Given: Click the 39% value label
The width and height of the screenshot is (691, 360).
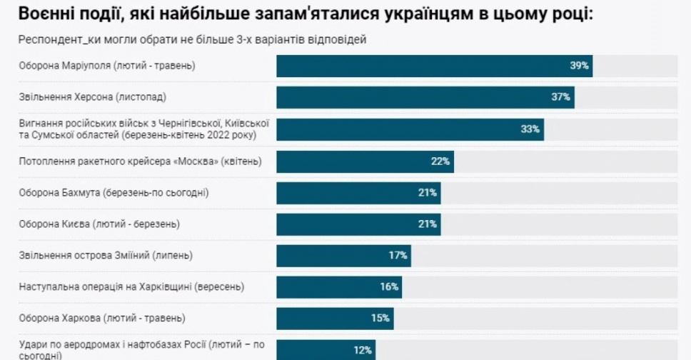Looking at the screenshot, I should tap(579, 66).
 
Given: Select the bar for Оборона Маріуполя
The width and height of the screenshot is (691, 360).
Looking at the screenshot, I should tap(434, 66).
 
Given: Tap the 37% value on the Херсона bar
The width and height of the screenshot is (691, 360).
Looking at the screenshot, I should tap(560, 97).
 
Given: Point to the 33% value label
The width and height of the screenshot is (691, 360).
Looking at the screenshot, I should tap(530, 129).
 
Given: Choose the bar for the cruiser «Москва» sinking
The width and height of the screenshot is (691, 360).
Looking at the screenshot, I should tap(365, 161).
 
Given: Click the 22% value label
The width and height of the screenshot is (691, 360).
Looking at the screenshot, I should tap(440, 161).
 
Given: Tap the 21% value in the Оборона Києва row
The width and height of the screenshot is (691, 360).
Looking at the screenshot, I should tap(428, 224).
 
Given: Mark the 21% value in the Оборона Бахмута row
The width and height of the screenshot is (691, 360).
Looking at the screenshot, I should tap(428, 193).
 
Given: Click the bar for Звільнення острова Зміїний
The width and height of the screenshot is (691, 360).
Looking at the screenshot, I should tap(343, 256).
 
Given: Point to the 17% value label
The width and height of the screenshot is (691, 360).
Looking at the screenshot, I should tap(398, 256).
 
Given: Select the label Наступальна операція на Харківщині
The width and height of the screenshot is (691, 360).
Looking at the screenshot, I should tap(131, 287).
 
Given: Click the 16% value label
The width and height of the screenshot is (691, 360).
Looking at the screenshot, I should tap(390, 287).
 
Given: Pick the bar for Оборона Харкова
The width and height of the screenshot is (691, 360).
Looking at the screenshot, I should tap(335, 319).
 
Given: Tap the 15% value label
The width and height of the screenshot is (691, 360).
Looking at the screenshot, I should tap(380, 319).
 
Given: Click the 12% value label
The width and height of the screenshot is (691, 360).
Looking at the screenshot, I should tap(362, 350).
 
